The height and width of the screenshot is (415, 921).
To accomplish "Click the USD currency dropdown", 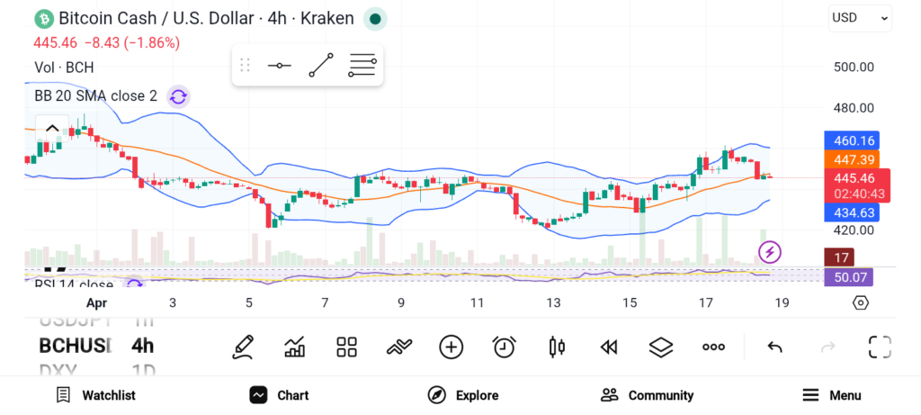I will [859, 17].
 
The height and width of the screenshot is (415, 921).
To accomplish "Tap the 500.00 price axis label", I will [853, 67].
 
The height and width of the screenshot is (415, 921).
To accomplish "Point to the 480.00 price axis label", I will [853, 108].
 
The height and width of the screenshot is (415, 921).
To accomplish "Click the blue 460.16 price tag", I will [851, 140].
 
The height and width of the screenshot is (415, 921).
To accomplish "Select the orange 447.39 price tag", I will [851, 158].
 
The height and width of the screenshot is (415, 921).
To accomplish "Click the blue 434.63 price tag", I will [851, 212].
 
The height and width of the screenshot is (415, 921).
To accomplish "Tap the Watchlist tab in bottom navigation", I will [95, 395].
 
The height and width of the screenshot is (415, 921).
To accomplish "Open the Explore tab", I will [463, 395].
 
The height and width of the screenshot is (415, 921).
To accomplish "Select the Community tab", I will [647, 395].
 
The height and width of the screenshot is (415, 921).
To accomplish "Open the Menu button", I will [832, 395].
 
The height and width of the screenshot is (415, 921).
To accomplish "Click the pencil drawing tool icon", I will [242, 347].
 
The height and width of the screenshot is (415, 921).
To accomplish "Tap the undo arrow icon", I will [774, 347].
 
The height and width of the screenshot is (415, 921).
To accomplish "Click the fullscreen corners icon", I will [879, 347].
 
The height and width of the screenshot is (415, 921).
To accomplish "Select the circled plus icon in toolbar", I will [451, 347].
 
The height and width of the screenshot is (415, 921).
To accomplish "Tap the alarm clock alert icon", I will [504, 347].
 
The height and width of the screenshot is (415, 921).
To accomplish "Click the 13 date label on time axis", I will [553, 302].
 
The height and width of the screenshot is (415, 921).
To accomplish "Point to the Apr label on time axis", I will [97, 302].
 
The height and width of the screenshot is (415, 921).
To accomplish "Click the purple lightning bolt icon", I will [770, 252].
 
